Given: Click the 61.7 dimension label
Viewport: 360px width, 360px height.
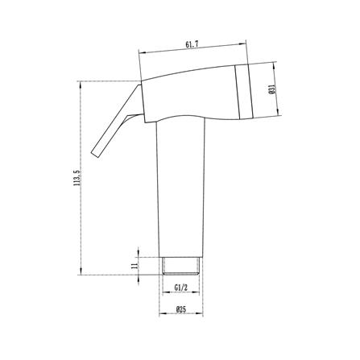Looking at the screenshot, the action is pyautogui.click(x=192, y=45).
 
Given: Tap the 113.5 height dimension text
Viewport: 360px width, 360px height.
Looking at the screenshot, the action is pyautogui.click(x=77, y=178).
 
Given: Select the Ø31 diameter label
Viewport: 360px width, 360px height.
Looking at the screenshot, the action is pyautogui.click(x=271, y=89).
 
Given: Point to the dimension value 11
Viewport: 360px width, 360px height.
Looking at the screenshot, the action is pyautogui.click(x=134, y=266).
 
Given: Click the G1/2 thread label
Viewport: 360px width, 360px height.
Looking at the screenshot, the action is pyautogui.click(x=180, y=288).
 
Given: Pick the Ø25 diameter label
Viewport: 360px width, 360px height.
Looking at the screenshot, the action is pyautogui.click(x=181, y=309).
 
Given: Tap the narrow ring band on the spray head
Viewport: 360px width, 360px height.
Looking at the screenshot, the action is pyautogui.click(x=243, y=91).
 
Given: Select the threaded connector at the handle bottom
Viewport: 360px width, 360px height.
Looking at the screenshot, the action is pyautogui.click(x=181, y=266).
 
